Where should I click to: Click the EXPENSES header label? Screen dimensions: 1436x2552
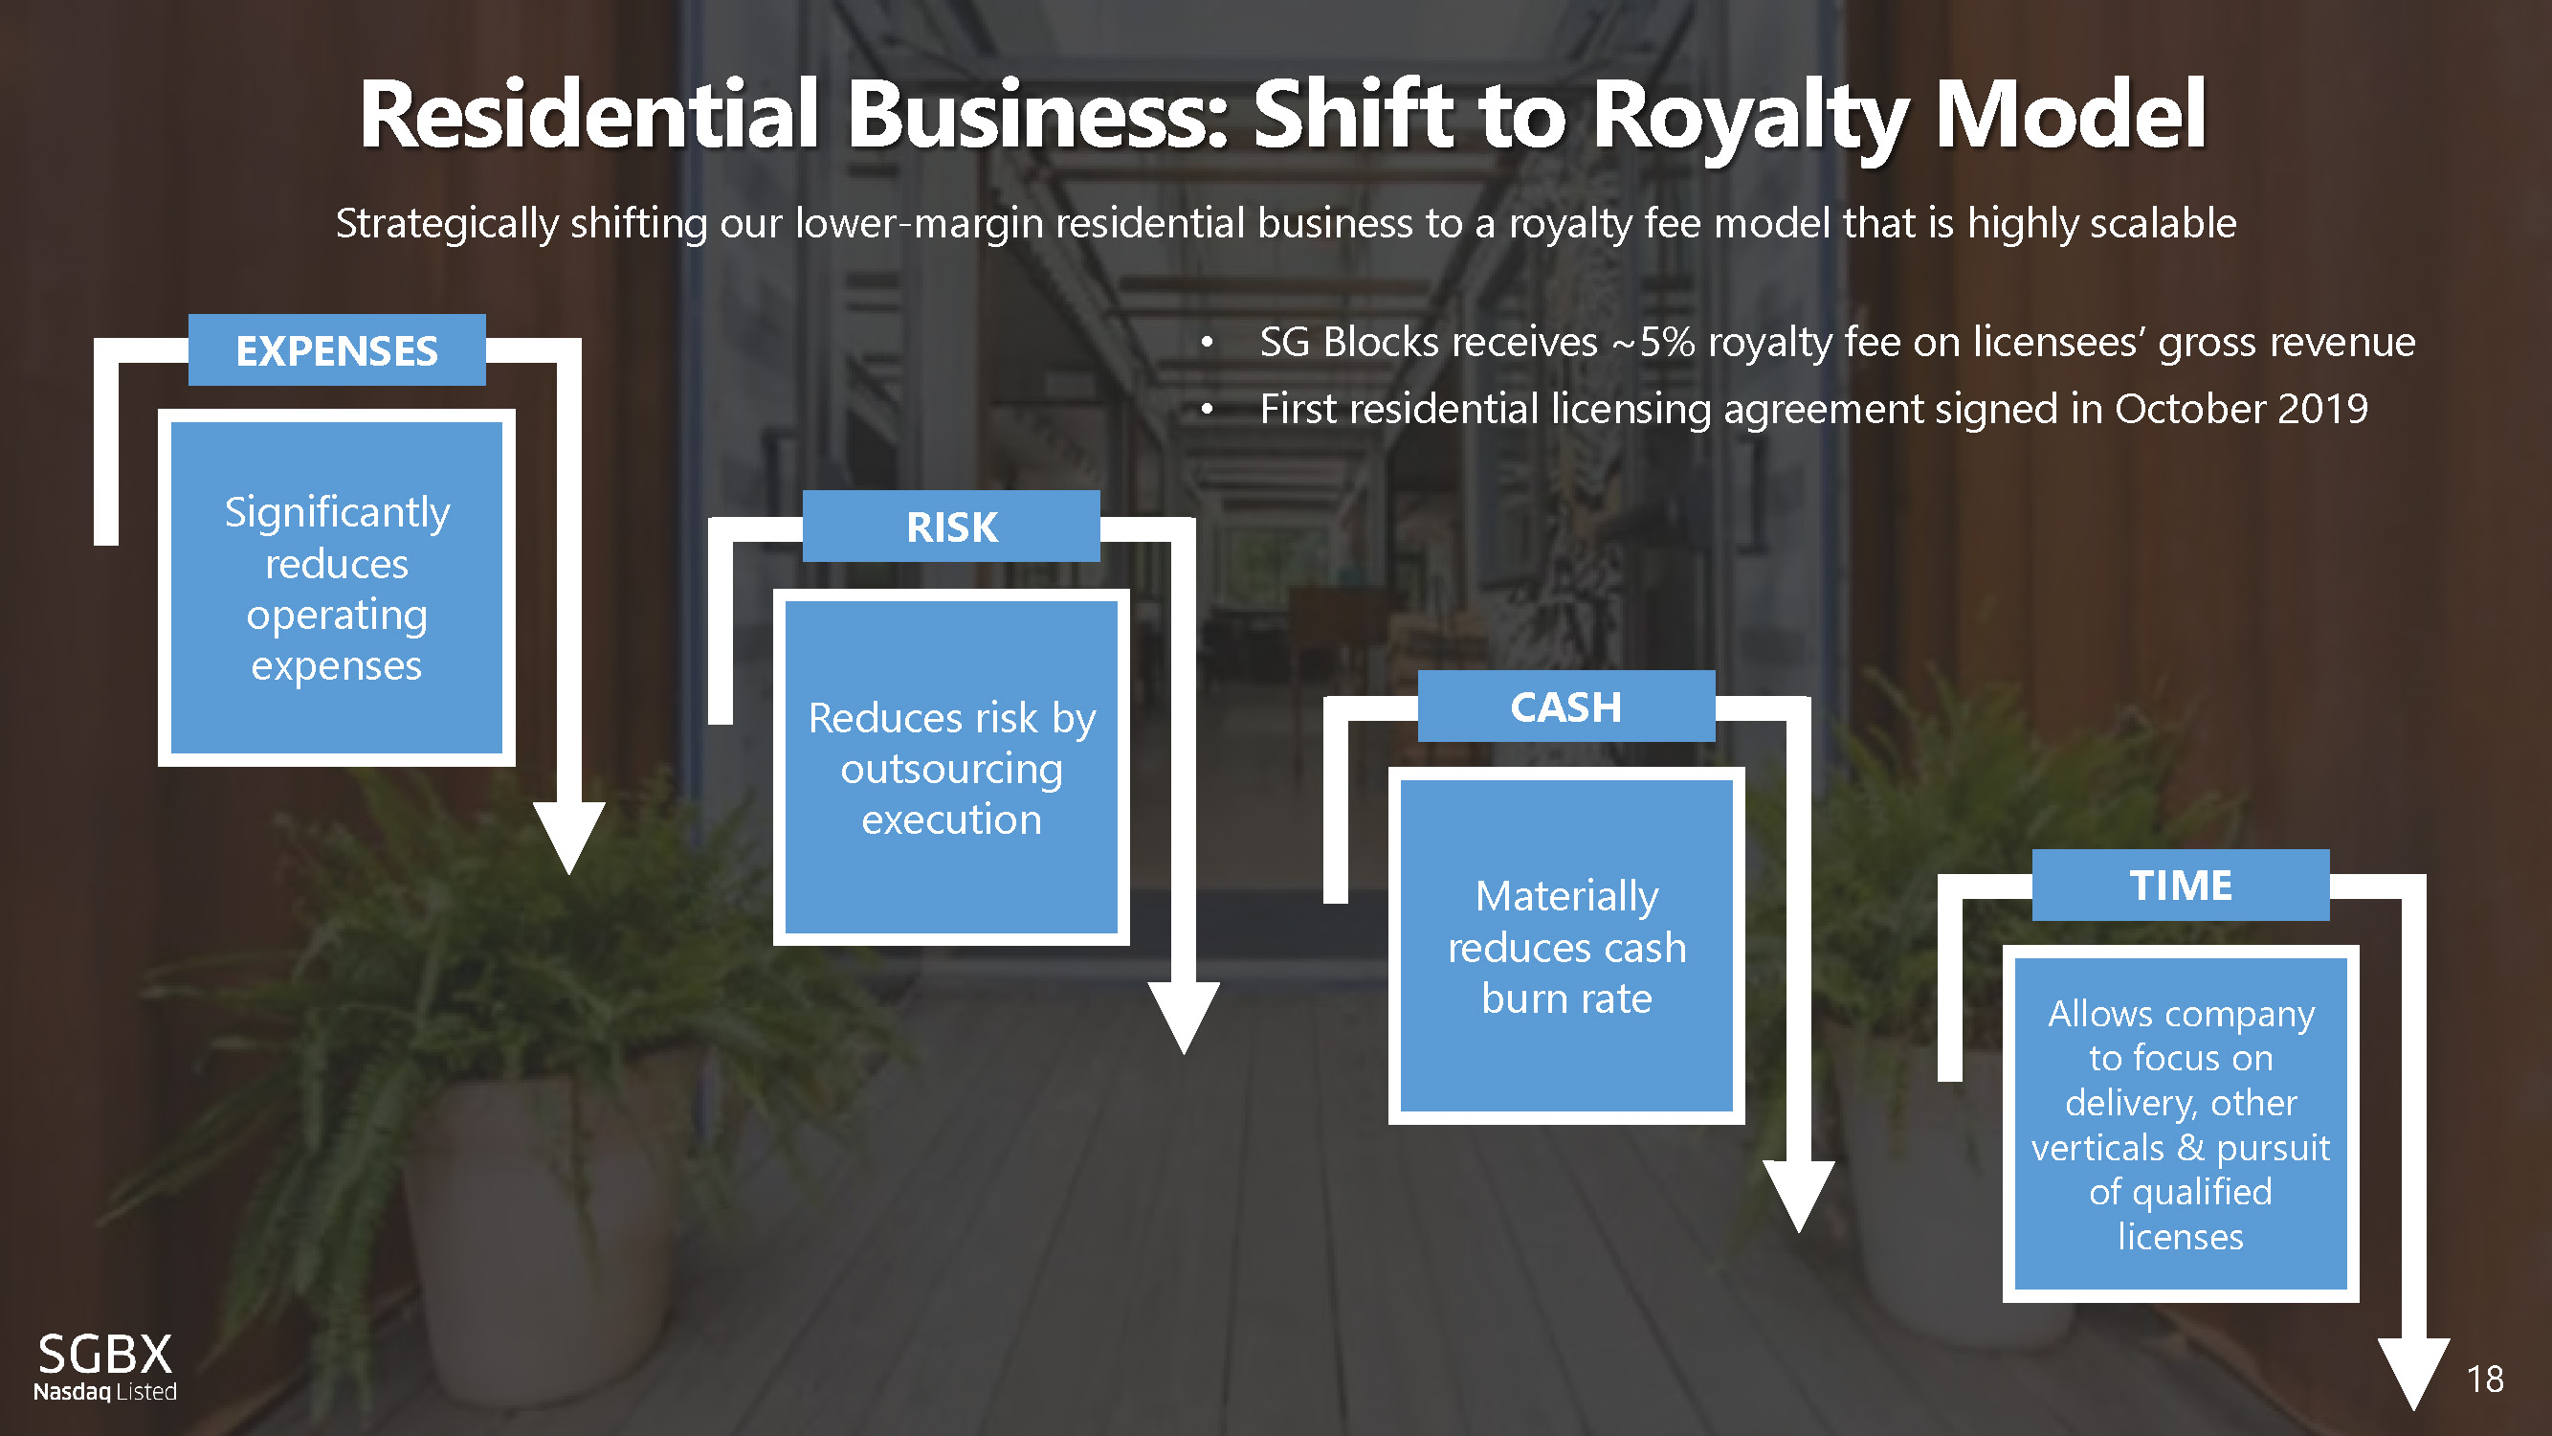[x=337, y=350]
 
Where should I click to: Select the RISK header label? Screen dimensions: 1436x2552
[x=951, y=527]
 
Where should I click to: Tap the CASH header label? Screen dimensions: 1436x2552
[x=1565, y=707]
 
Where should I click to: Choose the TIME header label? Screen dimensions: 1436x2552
[x=2181, y=885]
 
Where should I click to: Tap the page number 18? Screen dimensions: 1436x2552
[x=2485, y=1379]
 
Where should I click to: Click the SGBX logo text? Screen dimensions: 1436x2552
[x=105, y=1354]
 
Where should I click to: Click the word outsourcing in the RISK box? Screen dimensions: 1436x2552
[x=951, y=769]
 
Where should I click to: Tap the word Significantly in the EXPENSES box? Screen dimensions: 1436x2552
[x=337, y=513]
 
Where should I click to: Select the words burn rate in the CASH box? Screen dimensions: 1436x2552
[x=1566, y=998]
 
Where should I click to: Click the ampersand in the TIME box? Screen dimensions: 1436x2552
[x=2190, y=1148]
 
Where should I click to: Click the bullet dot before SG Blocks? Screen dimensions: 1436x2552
[x=1207, y=343]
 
